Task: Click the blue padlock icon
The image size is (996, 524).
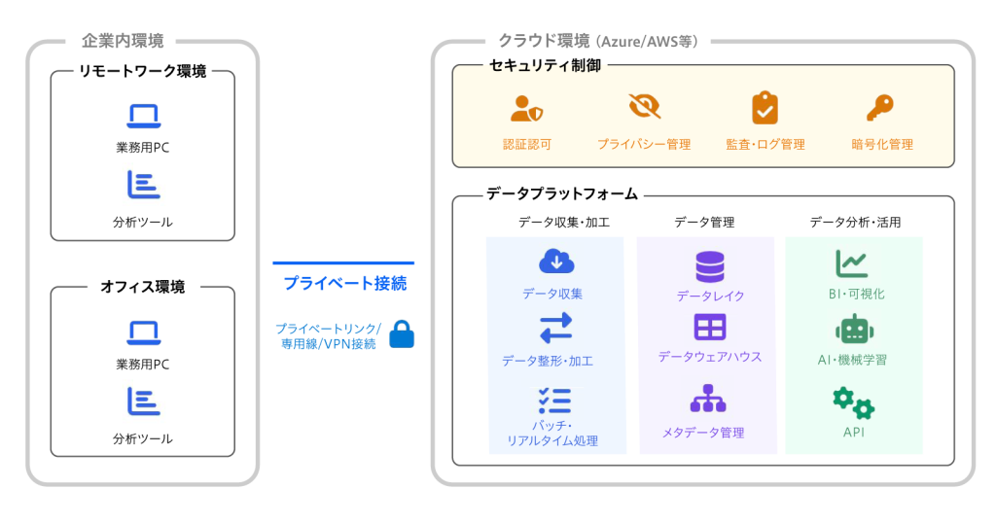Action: tap(402, 334)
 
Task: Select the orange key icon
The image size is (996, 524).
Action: tap(880, 107)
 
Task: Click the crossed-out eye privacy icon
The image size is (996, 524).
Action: tap(644, 107)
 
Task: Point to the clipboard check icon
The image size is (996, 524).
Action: tap(765, 107)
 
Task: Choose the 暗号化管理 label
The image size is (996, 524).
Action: tap(882, 145)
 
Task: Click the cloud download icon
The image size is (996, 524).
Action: tap(556, 262)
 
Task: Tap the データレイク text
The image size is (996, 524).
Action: tap(710, 296)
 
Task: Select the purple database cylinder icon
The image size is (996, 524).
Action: tap(710, 264)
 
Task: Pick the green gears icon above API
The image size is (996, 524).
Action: tap(854, 402)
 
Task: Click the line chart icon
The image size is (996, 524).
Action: tap(852, 262)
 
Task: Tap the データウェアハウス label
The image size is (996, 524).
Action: tap(710, 357)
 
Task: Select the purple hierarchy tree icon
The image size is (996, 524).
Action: tap(709, 399)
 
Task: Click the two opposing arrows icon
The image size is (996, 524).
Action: tap(556, 329)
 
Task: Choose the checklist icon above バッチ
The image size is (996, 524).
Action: tap(554, 401)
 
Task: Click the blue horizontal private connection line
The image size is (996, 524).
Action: tap(343, 262)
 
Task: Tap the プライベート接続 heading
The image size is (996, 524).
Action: tap(344, 284)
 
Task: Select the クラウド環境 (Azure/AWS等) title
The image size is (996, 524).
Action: tap(597, 41)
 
